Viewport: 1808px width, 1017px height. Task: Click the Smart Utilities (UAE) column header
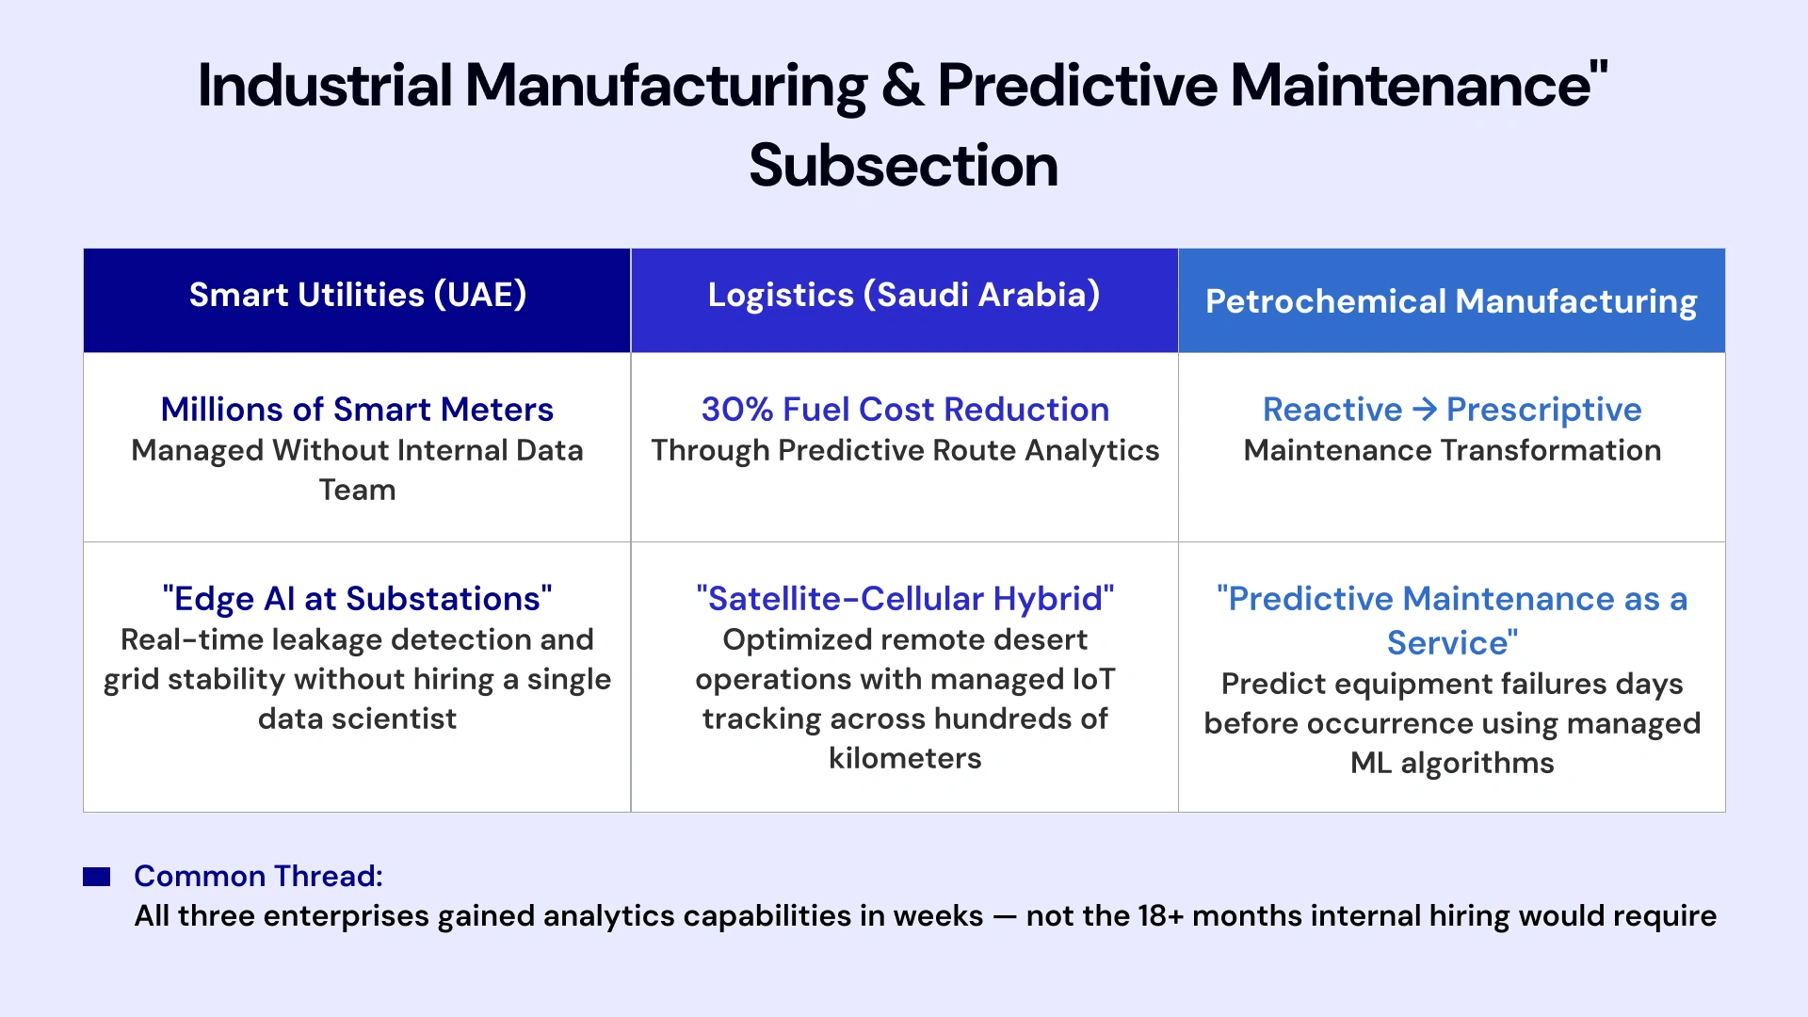357,295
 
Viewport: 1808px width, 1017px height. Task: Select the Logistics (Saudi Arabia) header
904,295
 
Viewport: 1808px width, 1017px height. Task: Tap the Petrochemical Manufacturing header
1451,301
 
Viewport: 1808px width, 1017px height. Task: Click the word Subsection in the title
903,166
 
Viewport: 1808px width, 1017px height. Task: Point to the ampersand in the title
902,86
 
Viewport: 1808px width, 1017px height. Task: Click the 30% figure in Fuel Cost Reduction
736,410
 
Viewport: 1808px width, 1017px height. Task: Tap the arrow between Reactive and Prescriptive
1425,409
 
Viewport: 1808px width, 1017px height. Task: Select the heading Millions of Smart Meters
357,410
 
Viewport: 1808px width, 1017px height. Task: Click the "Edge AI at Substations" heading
357,599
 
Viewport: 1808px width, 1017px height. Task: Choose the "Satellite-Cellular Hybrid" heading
904,599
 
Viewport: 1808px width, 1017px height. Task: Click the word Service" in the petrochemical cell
1452,643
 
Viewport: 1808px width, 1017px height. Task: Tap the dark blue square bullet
97,877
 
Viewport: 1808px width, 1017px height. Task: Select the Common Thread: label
258,876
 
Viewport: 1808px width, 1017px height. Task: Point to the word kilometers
904,758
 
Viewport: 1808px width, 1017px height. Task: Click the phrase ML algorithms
1451,763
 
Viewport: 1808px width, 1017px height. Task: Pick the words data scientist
357,718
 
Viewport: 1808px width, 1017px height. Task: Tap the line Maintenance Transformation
1451,450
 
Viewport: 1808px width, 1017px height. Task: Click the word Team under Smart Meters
357,490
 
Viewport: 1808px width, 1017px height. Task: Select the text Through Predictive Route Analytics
904,450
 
